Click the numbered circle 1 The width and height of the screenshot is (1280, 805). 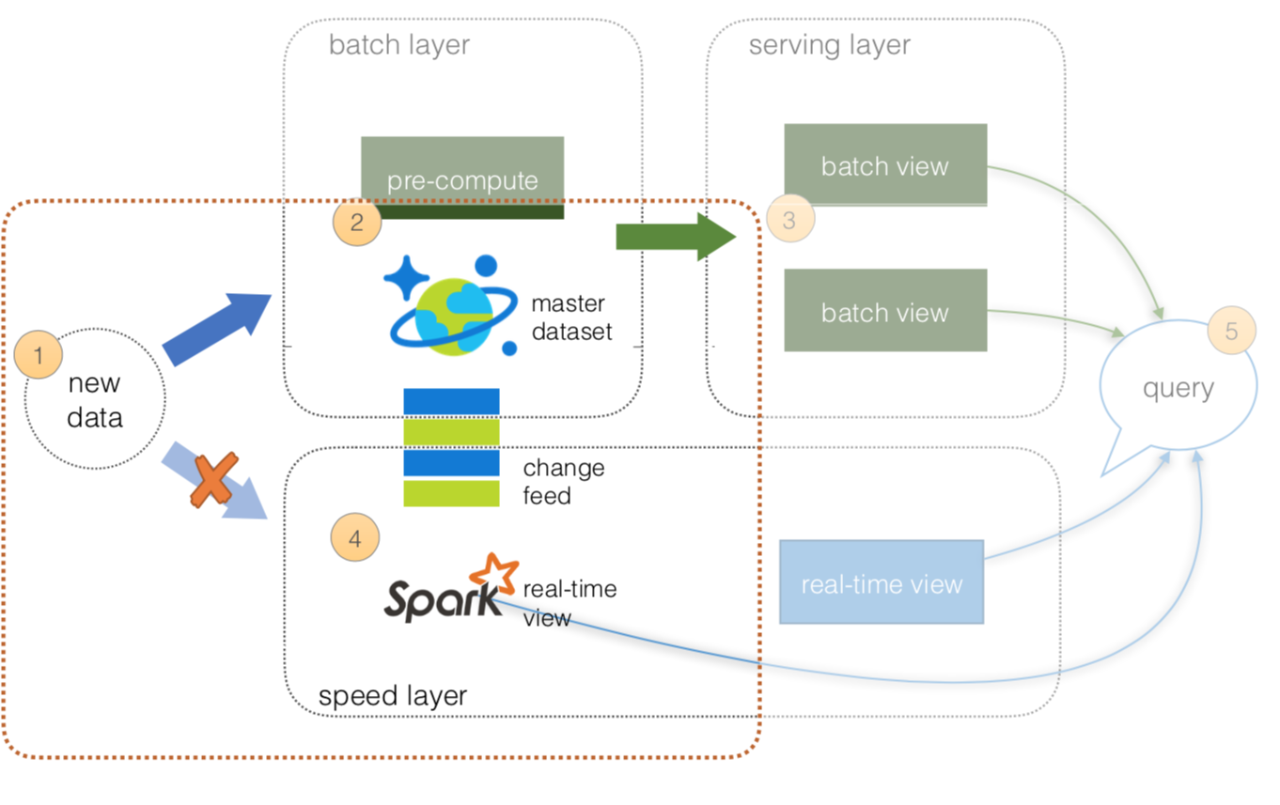(x=39, y=356)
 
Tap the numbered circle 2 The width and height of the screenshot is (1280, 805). (x=357, y=223)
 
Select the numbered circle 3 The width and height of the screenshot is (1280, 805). (x=789, y=219)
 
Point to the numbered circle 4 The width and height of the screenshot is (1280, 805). (x=354, y=538)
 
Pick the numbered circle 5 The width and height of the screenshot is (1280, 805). (x=1231, y=332)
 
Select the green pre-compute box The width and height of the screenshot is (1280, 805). (x=462, y=178)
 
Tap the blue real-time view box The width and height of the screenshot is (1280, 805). (x=882, y=582)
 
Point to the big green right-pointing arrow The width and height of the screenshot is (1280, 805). (x=676, y=238)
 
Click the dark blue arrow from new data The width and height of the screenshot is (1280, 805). (x=218, y=328)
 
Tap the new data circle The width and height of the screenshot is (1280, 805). (x=95, y=399)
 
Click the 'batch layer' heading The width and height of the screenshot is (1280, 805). (x=398, y=45)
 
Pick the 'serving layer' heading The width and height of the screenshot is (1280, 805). (x=829, y=45)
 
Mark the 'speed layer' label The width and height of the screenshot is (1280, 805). (x=393, y=696)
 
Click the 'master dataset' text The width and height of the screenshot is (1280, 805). (x=571, y=317)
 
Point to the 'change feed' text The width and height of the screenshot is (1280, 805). (x=563, y=481)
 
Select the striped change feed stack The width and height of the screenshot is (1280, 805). (x=451, y=447)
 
